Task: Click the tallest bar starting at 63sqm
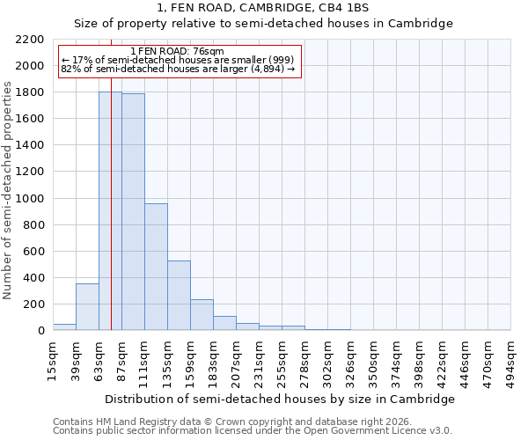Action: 110,211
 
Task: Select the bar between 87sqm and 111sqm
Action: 133,212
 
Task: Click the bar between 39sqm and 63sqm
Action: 87,307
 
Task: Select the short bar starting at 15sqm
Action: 64,327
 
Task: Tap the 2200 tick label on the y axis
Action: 30,40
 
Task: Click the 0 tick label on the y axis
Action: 40,331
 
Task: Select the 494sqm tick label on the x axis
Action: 511,360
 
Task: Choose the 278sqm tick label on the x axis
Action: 305,360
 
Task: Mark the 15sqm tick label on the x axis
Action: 54,360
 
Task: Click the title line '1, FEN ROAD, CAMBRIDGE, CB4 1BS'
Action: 263,8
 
